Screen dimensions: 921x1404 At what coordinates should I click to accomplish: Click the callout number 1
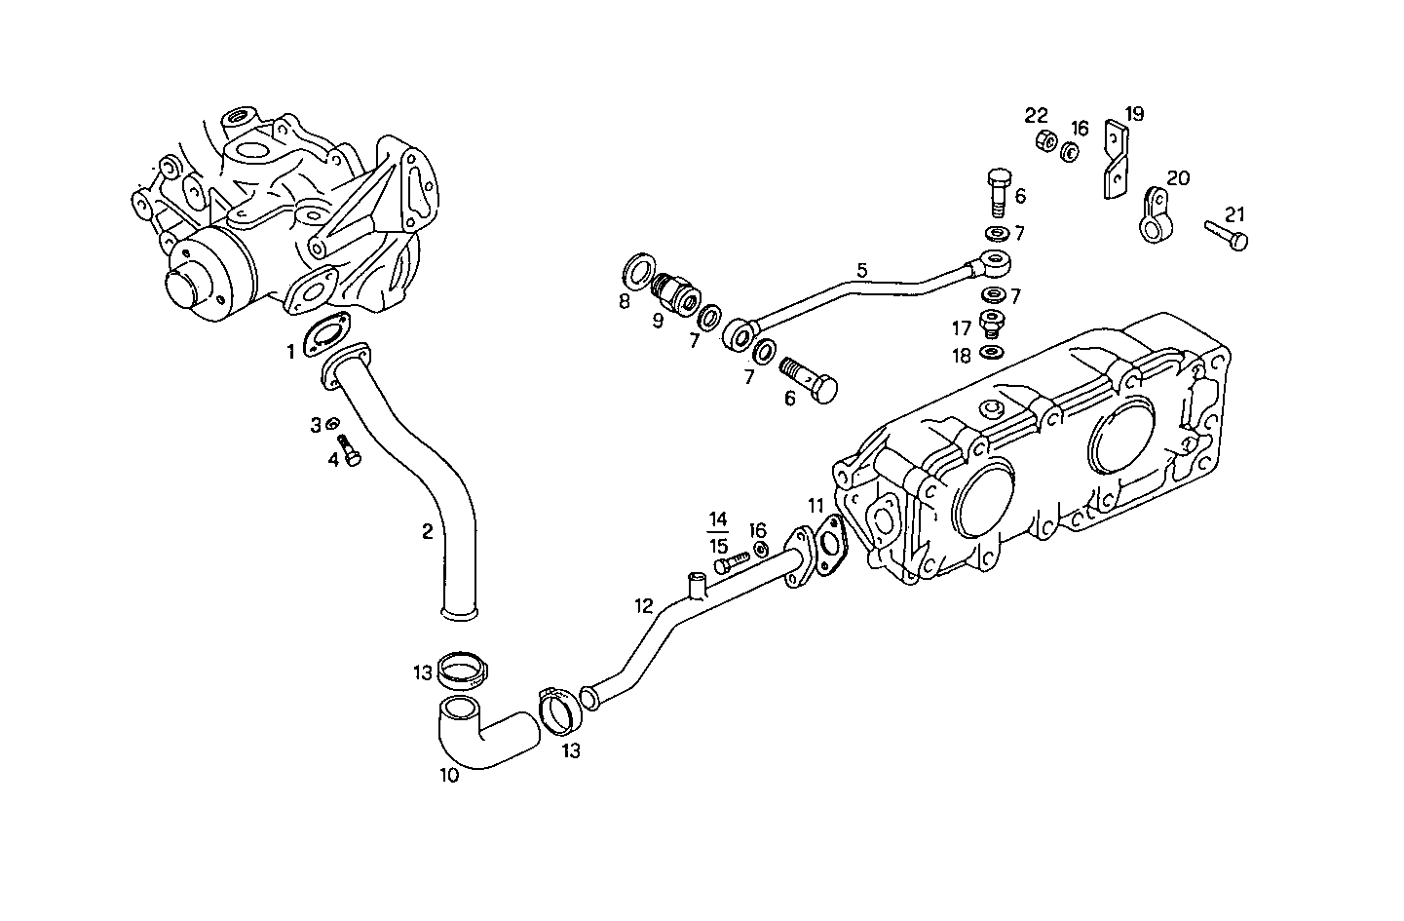[x=290, y=352]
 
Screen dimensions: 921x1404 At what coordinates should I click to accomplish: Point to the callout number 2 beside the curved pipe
[x=427, y=531]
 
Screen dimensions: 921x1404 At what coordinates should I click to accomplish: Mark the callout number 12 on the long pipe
[x=643, y=605]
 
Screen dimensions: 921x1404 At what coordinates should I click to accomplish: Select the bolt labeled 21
[x=1226, y=234]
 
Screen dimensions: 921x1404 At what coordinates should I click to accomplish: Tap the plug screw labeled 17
[x=993, y=325]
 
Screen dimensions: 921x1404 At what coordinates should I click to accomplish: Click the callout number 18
[x=962, y=357]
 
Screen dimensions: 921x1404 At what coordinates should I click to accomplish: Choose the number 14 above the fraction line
[x=718, y=518]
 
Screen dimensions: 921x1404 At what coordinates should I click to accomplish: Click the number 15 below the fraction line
[x=718, y=546]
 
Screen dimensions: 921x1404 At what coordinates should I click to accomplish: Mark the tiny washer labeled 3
[x=331, y=424]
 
